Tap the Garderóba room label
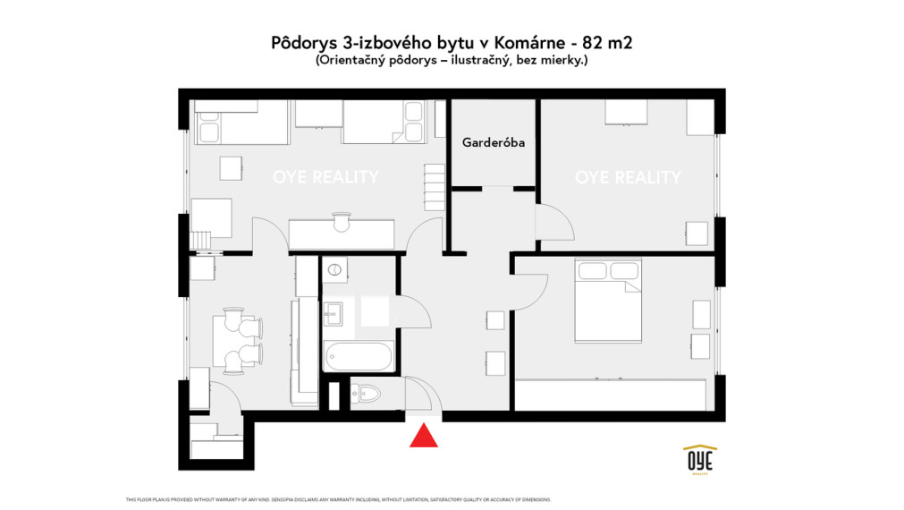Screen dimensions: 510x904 click(x=493, y=142)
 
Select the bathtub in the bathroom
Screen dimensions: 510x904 click(x=358, y=358)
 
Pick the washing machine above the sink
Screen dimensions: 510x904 click(x=334, y=270)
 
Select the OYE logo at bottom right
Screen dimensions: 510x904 click(x=699, y=459)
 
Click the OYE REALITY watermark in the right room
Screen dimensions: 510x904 click(x=628, y=177)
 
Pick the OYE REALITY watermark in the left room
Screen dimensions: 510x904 click(x=325, y=177)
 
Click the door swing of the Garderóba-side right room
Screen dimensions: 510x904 click(x=552, y=221)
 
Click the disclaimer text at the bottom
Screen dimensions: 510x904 click(x=339, y=499)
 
